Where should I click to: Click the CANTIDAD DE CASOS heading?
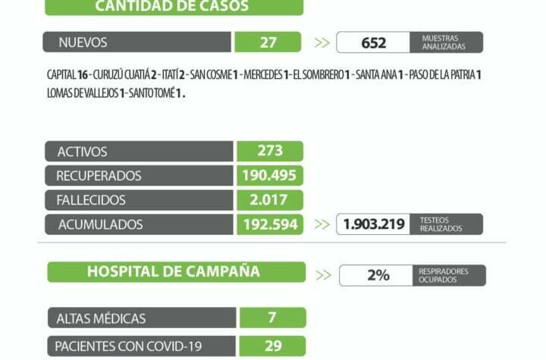coord(173,7)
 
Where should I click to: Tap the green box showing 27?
coord(268,42)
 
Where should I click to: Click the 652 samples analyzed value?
coord(373,43)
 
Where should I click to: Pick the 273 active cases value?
coord(270,152)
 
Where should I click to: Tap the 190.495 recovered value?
coord(270,176)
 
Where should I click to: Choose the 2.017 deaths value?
coord(270,200)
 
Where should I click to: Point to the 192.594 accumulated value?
coord(270,224)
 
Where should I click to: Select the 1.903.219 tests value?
coord(374,224)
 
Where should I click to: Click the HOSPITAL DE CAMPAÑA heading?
coord(174,271)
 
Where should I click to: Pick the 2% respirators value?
coord(378,275)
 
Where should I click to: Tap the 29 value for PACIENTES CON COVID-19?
coord(273,346)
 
